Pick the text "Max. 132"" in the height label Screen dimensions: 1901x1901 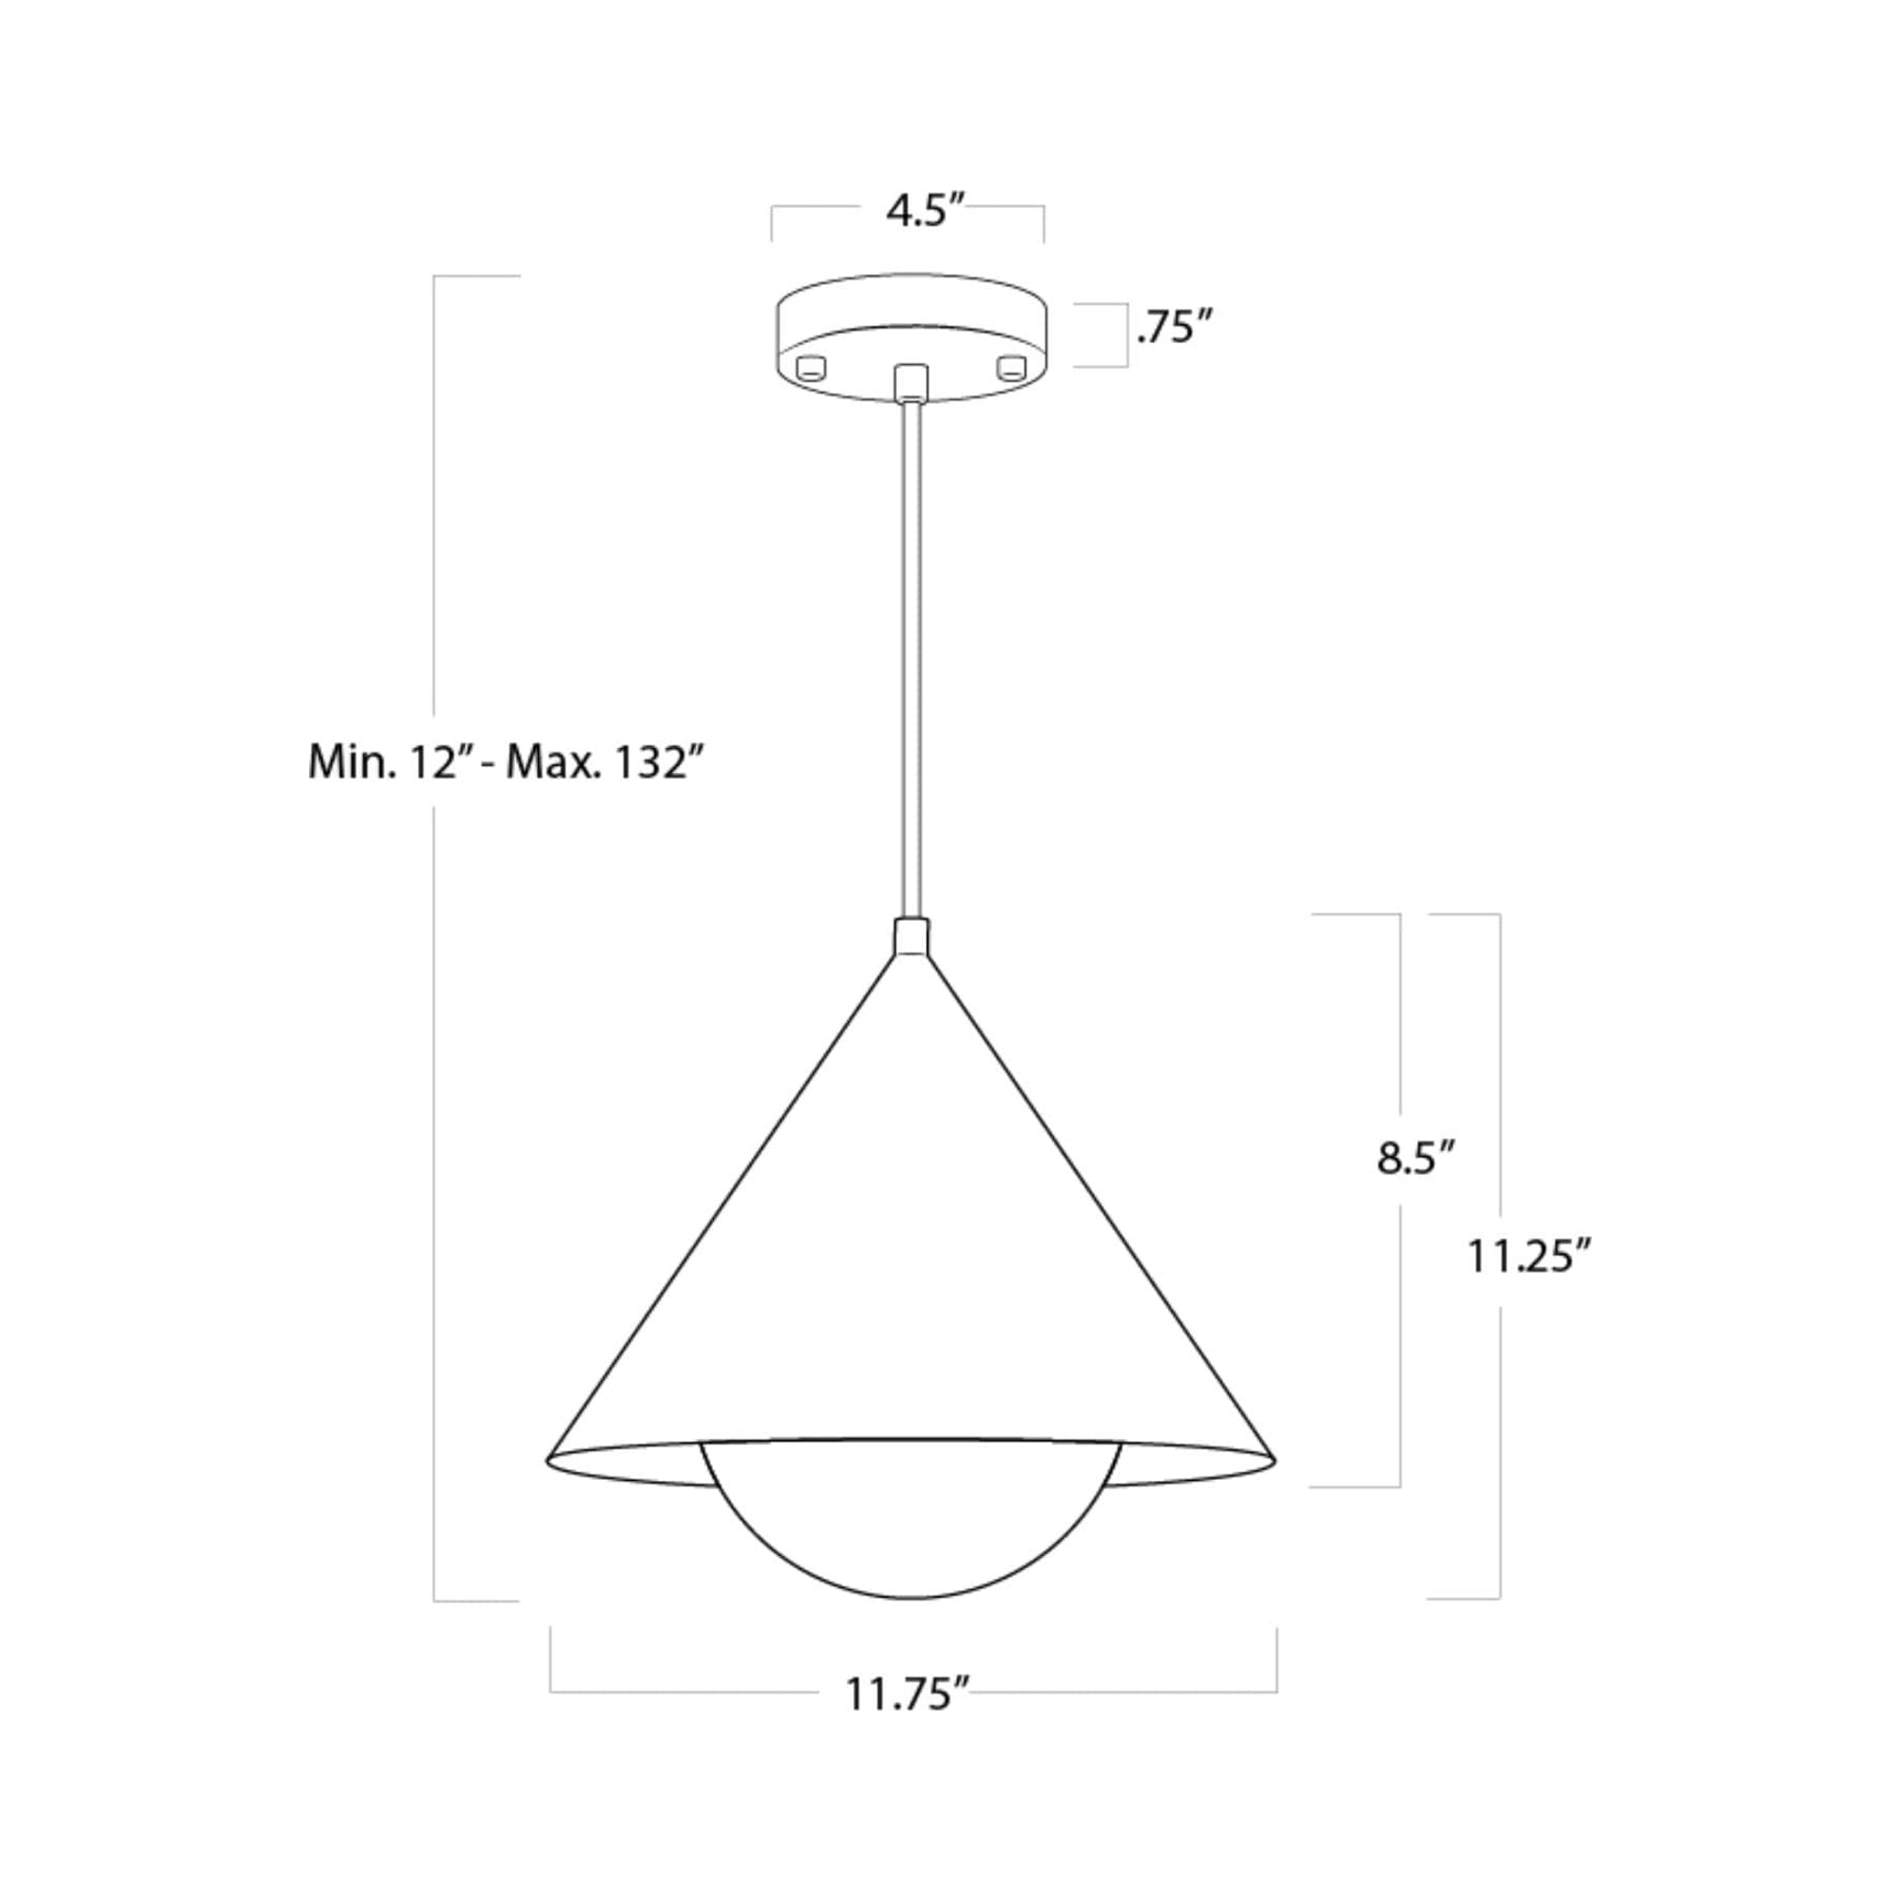click(x=606, y=762)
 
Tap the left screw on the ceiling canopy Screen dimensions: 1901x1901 click(x=811, y=368)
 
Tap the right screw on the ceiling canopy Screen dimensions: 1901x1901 click(x=1011, y=368)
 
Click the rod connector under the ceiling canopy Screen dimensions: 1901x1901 click(x=912, y=382)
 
